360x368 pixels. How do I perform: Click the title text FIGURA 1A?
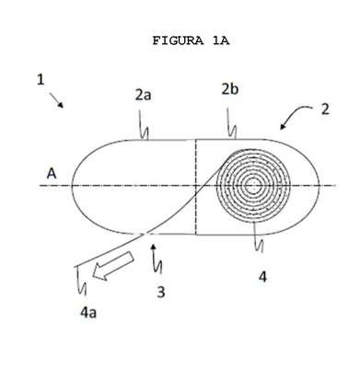(x=191, y=40)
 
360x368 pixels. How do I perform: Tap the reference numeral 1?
(x=41, y=80)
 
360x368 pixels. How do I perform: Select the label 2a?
(x=144, y=96)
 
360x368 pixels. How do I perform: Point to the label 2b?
(x=230, y=89)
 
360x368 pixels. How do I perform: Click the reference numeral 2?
(x=325, y=109)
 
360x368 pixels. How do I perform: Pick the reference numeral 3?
(x=161, y=292)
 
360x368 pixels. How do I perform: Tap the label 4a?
(x=88, y=313)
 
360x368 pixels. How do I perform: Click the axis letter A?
(x=52, y=174)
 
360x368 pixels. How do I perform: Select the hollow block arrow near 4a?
(x=113, y=265)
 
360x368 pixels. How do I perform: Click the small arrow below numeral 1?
(x=56, y=100)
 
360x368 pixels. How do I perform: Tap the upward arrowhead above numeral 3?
(x=154, y=247)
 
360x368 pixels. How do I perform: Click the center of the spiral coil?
(x=253, y=186)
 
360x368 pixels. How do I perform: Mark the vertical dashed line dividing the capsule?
(x=196, y=187)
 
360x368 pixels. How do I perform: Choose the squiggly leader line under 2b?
(x=231, y=123)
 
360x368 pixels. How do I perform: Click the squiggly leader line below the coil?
(x=258, y=236)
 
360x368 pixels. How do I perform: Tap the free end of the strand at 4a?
(x=75, y=267)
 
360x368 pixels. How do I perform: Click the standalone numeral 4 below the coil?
(x=262, y=277)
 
